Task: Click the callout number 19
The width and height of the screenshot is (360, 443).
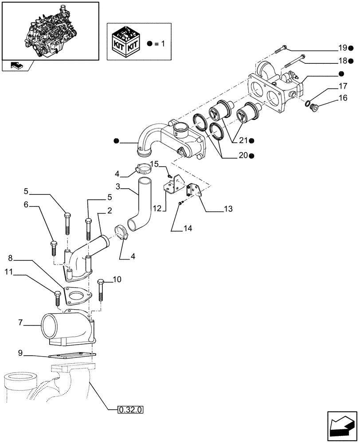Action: [x=343, y=47]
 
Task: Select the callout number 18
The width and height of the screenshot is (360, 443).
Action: [x=343, y=61]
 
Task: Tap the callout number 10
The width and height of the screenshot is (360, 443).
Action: [x=117, y=279]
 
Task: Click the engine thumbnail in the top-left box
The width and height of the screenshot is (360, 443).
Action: [x=50, y=30]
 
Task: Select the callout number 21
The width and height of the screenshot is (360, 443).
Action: [x=243, y=140]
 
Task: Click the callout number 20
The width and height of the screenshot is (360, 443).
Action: [x=243, y=155]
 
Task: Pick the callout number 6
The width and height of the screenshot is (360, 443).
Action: [x=26, y=205]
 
